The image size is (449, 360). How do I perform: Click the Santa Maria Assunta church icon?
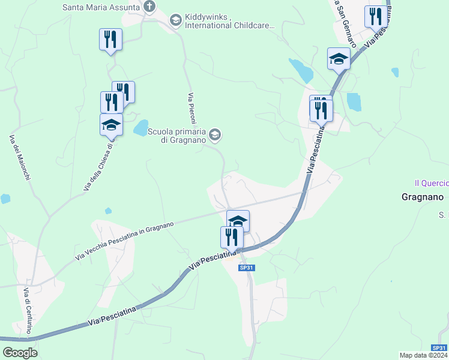149,7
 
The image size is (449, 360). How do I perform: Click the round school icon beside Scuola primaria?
215,135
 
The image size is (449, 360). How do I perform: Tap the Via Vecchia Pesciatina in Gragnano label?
125,241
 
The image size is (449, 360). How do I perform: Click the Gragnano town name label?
422,197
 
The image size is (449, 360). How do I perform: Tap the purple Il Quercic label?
431,183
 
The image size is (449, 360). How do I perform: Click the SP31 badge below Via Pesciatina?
247,268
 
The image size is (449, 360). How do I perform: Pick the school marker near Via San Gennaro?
339,59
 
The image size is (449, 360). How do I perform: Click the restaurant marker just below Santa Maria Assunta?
110,40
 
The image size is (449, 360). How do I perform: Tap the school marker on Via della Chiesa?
111,125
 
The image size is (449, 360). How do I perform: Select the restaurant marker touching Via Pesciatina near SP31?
232,237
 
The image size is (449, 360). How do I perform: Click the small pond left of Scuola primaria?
140,127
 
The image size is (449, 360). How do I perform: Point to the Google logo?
20,353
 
